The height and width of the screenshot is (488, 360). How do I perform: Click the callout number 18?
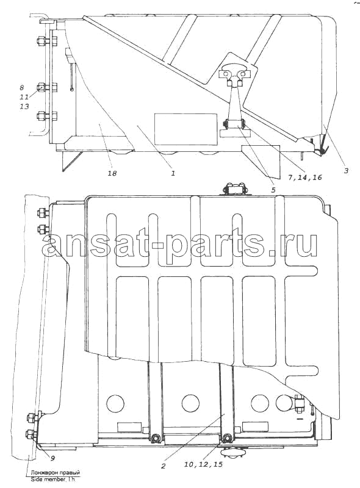point(112,173)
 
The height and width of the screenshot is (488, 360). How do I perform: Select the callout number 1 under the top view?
point(173,173)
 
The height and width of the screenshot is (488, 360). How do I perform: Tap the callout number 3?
point(346,170)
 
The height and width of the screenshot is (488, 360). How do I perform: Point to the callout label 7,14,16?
point(304,178)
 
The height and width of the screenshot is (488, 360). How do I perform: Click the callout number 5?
point(273,190)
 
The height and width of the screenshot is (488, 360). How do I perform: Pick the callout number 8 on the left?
point(22,87)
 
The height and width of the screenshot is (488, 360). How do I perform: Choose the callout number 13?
point(24,106)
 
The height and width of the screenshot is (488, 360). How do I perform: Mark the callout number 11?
point(24,97)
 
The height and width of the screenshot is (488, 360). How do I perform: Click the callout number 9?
point(52,457)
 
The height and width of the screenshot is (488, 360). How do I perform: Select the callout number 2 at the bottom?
point(163,466)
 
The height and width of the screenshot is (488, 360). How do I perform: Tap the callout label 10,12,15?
point(203,465)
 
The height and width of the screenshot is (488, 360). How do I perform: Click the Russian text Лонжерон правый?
point(55,473)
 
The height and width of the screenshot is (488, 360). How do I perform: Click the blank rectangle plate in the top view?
point(186,129)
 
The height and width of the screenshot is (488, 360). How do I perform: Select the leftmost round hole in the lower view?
point(115,404)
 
